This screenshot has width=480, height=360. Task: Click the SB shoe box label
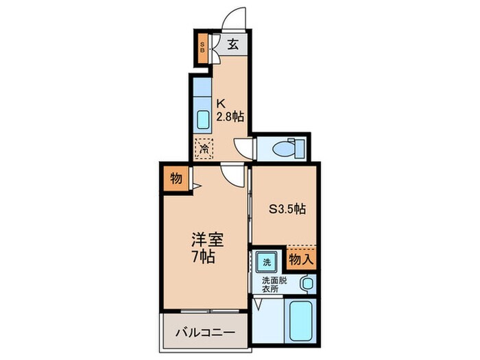pyautogui.click(x=202, y=48)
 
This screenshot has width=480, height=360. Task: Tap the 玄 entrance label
pyautogui.click(x=233, y=46)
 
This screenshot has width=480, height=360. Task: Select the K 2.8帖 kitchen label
pyautogui.click(x=230, y=110)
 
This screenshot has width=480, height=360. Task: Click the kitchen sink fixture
pyautogui.click(x=204, y=119)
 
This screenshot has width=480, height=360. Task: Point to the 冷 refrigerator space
pyautogui.click(x=204, y=148)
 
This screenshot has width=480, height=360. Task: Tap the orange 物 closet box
pyautogui.click(x=175, y=180)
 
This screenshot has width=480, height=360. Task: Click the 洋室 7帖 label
pyautogui.click(x=207, y=248)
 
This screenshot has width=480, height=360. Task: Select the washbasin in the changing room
pyautogui.click(x=307, y=283)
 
